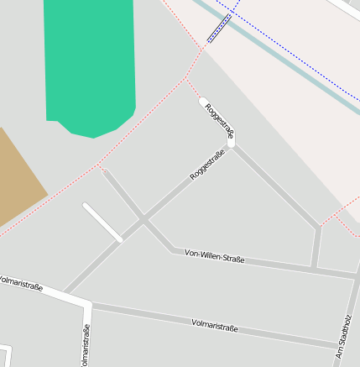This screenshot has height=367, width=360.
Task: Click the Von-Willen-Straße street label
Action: coord(215,256)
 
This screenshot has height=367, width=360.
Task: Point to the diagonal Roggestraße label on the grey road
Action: coord(207,164)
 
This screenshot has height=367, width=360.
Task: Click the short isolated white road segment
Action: coord(102,223)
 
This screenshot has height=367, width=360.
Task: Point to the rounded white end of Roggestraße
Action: coord(202,102)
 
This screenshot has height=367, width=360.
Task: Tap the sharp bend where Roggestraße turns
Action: coord(231,144)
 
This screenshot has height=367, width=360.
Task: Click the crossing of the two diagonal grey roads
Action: coord(143,220)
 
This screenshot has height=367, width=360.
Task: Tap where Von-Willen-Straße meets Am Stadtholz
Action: coord(355,275)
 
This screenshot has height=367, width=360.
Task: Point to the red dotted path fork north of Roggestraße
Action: coord(185,79)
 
